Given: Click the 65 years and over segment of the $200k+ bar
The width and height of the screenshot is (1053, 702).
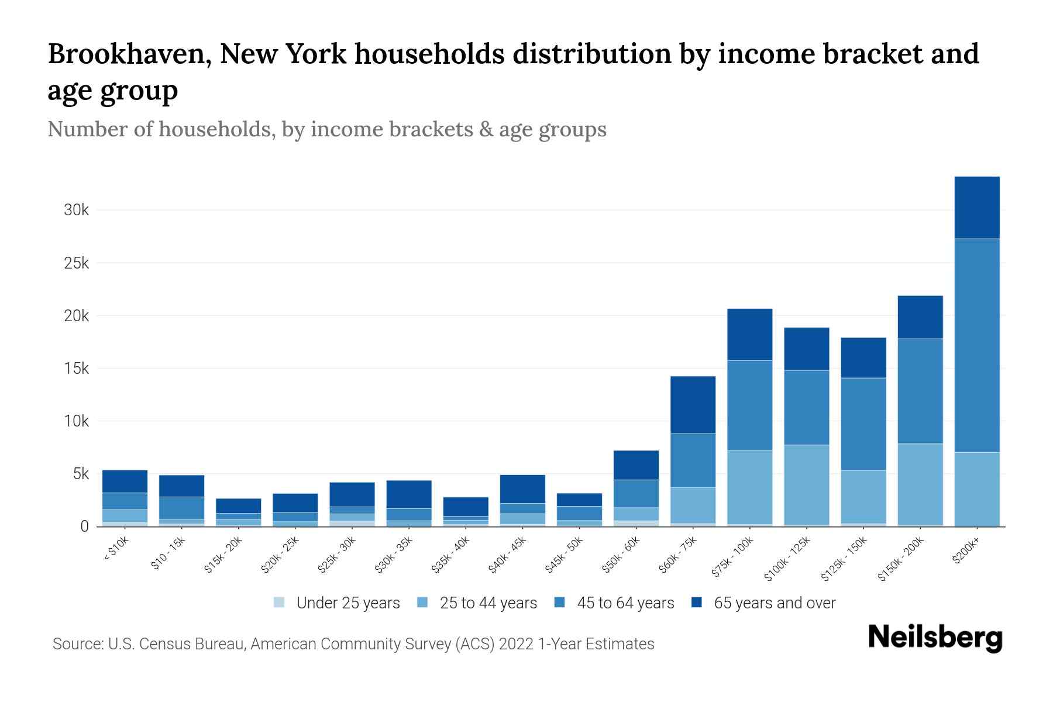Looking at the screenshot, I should coord(976,207).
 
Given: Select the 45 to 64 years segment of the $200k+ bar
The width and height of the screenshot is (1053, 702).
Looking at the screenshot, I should coord(976,345).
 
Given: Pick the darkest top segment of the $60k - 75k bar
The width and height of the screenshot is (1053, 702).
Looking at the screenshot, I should coord(693,404).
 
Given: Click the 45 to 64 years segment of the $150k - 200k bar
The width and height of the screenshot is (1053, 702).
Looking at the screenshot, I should coord(920,391).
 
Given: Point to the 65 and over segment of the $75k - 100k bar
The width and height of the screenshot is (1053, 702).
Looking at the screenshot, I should coord(749,334).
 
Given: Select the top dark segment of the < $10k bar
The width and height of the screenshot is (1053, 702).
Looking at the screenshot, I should coord(125,481).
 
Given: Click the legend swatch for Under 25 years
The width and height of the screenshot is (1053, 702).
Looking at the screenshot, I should coord(280,603).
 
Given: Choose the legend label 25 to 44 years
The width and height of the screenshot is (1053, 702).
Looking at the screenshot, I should coord(488,603).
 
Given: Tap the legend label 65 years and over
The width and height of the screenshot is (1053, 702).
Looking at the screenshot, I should coord(775,603).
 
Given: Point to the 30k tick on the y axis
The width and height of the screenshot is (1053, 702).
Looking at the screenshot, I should coord(76,210).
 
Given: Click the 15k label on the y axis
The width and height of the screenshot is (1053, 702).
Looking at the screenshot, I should coord(76,369).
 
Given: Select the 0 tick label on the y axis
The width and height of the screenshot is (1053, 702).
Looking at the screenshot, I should coord(84,526).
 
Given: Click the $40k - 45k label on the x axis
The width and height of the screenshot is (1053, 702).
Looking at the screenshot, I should coord(508,555).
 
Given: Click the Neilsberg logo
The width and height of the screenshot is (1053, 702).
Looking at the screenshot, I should coord(935,638).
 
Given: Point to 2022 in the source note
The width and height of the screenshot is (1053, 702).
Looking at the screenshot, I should coord(516,644).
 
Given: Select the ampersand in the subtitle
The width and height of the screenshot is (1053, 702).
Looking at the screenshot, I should coord(486,129).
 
